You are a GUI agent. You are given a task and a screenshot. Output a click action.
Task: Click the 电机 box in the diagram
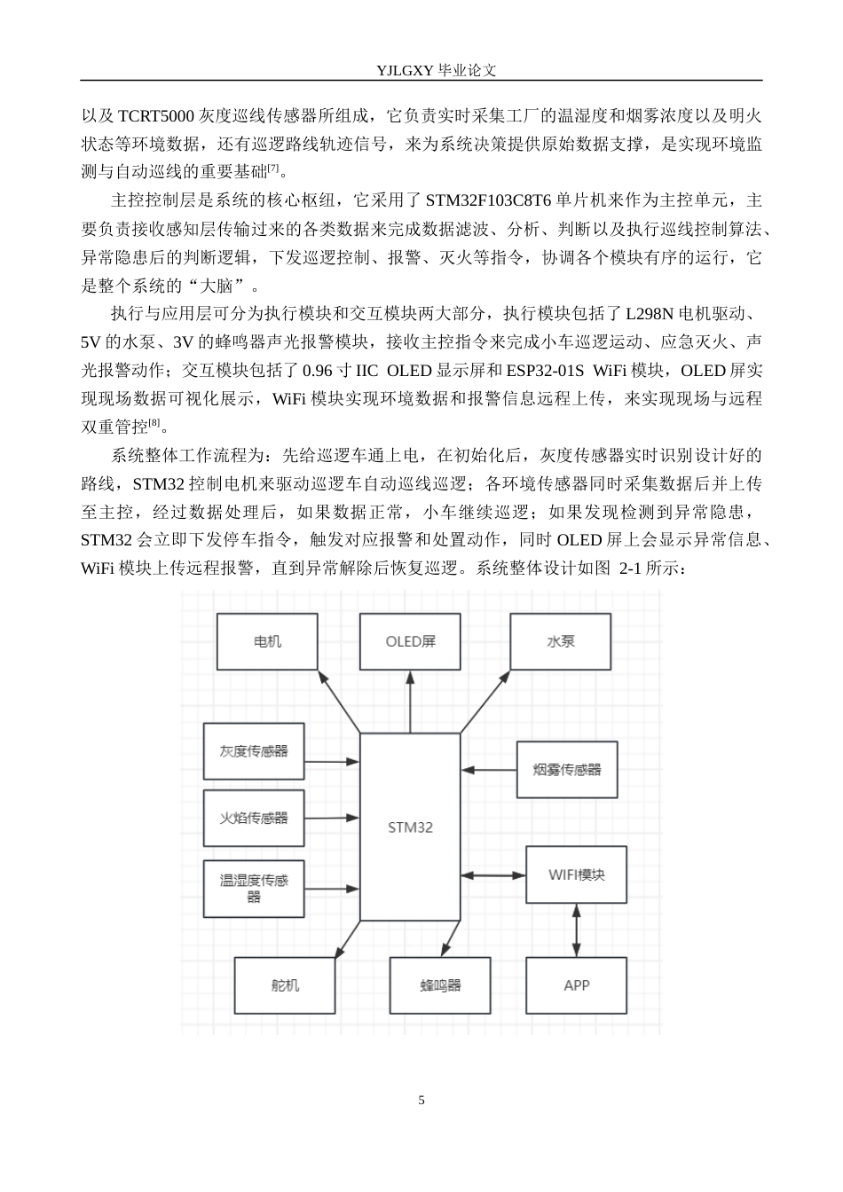click(267, 641)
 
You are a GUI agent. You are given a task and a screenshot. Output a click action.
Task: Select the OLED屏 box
click(410, 641)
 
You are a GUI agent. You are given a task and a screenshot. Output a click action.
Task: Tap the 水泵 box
click(560, 641)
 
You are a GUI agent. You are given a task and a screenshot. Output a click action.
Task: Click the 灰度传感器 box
click(254, 751)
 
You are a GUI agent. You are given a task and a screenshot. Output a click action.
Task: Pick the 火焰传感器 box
click(254, 818)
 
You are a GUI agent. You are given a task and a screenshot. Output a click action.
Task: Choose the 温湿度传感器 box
click(254, 889)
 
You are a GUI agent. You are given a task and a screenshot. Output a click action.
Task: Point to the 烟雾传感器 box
click(567, 770)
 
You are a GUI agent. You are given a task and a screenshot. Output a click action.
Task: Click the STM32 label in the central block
click(410, 827)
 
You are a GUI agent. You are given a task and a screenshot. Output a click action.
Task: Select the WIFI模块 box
click(576, 874)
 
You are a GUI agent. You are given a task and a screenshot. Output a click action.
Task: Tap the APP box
click(576, 985)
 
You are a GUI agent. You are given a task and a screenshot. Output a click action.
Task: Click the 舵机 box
click(285, 985)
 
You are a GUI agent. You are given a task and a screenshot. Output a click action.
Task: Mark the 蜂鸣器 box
click(440, 985)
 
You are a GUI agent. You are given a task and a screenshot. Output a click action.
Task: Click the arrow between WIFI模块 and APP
click(576, 930)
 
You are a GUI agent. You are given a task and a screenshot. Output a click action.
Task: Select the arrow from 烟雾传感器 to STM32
click(489, 770)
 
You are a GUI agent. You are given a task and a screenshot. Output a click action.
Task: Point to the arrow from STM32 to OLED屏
click(410, 702)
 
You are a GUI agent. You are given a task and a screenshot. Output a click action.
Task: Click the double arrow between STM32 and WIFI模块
click(493, 874)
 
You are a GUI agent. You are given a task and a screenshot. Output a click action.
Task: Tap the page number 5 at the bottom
click(421, 1100)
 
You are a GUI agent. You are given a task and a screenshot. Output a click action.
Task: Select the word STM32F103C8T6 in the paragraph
click(488, 200)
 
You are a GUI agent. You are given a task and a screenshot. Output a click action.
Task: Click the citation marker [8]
click(154, 422)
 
